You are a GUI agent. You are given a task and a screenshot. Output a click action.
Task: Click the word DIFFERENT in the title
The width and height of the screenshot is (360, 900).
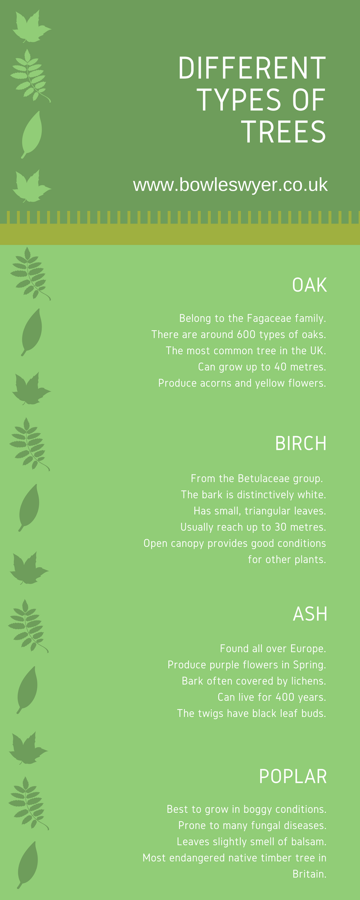point(252,68)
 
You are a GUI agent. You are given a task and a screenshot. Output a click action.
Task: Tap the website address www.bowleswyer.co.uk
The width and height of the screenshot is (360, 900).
point(230,185)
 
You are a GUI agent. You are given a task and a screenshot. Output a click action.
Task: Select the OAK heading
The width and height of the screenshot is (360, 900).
point(310,285)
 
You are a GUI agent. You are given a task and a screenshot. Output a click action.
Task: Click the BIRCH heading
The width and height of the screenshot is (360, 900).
point(301,444)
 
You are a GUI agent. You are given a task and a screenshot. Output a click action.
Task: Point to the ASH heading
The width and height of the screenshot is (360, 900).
point(310,614)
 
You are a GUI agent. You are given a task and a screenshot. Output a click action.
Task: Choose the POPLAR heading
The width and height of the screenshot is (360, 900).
point(293,777)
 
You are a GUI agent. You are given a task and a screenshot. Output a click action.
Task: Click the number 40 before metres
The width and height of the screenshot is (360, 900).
point(281,367)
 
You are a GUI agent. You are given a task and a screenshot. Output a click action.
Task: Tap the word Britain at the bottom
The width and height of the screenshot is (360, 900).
point(309,874)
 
